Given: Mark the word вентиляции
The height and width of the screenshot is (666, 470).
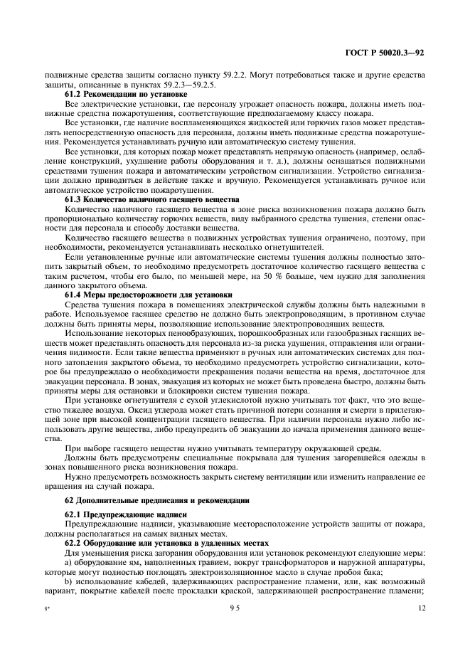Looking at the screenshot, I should pos(292,477).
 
